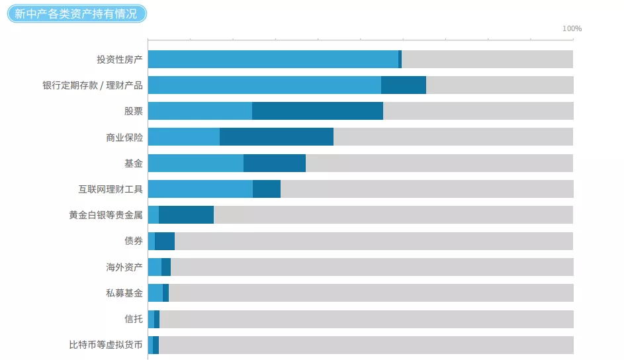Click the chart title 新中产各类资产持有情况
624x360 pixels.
point(76,13)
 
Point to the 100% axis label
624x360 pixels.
point(572,28)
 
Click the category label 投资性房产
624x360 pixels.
point(119,60)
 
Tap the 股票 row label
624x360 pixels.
point(133,111)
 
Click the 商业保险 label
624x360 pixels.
point(124,137)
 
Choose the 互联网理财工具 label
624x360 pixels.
point(110,189)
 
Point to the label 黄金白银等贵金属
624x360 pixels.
point(105,215)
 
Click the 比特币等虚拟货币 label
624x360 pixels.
point(105,345)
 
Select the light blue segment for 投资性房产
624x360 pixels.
point(273,59)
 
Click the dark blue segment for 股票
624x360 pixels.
point(318,111)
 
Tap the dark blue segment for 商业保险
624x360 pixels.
point(277,137)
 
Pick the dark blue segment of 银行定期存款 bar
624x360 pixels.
point(404,85)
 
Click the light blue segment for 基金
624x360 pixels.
point(196,163)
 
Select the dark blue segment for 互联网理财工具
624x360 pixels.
point(267,189)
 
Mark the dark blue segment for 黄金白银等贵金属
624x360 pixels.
point(186,215)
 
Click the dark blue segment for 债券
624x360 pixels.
point(165,241)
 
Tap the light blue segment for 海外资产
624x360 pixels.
point(155,267)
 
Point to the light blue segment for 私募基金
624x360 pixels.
point(156,292)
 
